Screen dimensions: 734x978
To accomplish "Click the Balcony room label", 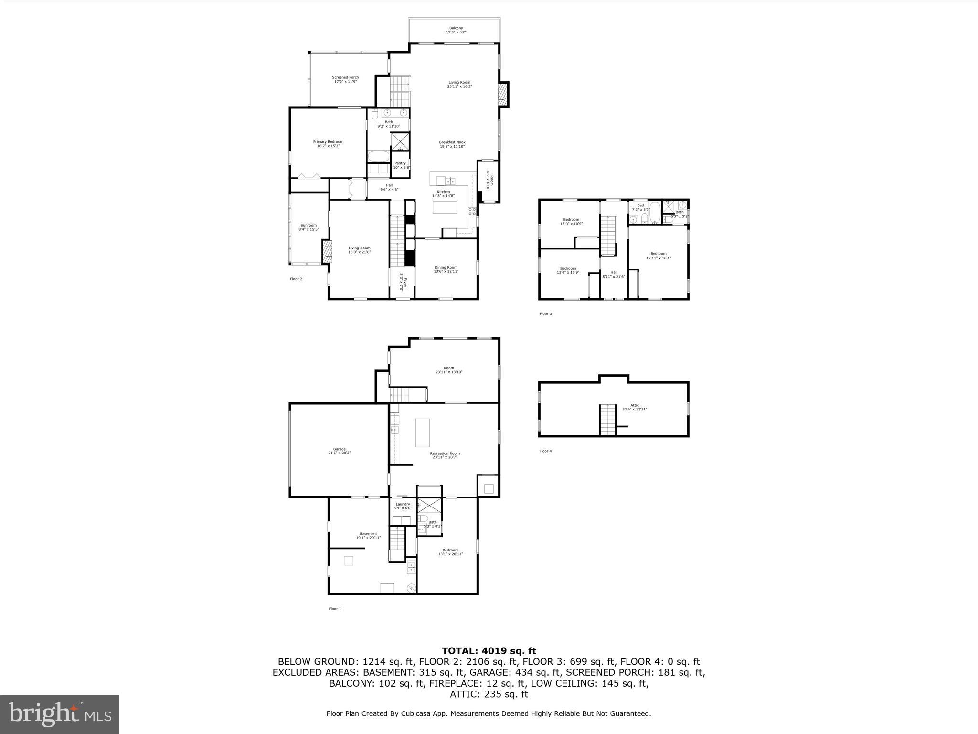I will coord(456,30).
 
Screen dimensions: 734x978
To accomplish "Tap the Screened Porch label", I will coord(345,79).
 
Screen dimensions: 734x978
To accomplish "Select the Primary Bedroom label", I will coord(328,144).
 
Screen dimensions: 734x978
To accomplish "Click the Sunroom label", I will coord(308,227).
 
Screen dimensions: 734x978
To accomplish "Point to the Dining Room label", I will coord(446,270).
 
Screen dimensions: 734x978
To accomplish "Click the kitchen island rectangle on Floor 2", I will coord(445,207).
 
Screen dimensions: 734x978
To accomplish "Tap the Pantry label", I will coord(400,165).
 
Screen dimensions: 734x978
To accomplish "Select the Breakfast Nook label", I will coord(452,144).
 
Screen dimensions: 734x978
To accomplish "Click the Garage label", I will coord(339,451).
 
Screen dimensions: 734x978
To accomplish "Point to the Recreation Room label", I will coord(445,455).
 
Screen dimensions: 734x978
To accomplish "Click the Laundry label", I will coord(403,506).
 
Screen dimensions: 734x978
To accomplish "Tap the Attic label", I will coord(634,407).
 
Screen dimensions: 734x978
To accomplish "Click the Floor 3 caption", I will coord(545,314).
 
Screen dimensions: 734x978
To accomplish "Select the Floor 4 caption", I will coord(545,451).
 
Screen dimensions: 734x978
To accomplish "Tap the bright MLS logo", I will coord(60,714).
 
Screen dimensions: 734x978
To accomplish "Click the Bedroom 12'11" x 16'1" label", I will coord(658,256).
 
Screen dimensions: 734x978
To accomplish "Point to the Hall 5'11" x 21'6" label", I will coord(614,274).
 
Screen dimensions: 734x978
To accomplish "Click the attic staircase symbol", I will coord(608,420).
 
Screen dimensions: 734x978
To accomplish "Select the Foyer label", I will coord(403,284).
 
